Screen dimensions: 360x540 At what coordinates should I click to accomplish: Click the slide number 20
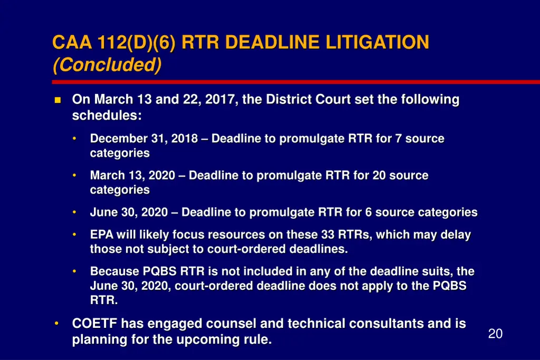point(495,334)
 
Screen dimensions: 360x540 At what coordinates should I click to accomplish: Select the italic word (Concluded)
point(107,65)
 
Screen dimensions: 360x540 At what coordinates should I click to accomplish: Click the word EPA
point(101,235)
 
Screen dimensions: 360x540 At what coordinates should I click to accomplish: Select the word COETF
point(94,324)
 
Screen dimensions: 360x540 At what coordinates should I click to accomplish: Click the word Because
point(114,272)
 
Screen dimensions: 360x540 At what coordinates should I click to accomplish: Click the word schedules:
point(107,115)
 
